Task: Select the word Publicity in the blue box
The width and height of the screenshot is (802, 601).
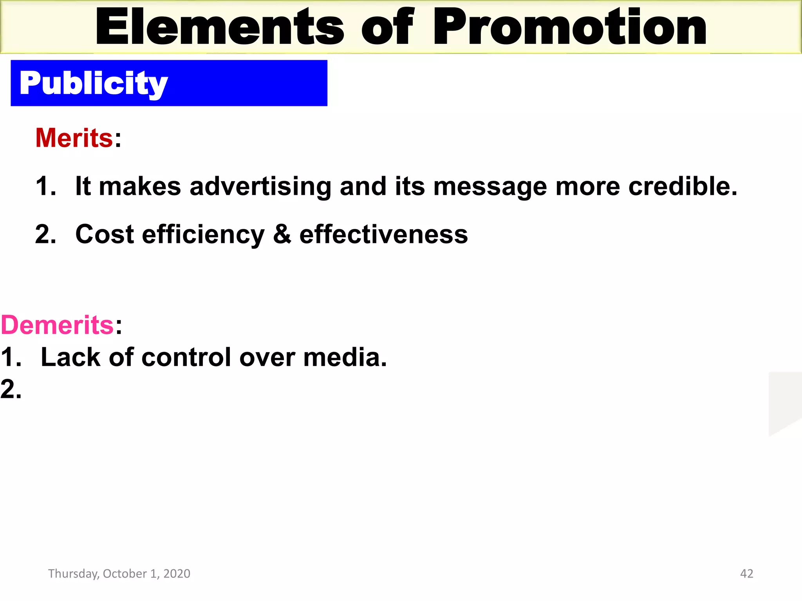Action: point(94,83)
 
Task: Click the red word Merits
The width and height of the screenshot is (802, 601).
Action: point(74,138)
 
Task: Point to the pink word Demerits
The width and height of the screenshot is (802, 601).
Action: point(57,325)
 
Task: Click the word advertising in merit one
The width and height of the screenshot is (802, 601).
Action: point(260,186)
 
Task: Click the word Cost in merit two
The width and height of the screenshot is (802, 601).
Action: point(105,234)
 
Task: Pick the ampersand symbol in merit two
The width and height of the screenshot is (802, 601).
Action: point(282,234)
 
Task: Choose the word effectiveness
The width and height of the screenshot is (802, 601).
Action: point(383,234)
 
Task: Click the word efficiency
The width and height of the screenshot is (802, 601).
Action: point(203,235)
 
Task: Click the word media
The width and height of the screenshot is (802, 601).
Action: point(345,357)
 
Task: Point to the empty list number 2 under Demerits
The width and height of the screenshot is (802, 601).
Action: point(11,390)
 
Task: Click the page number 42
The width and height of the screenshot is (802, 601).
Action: point(746,574)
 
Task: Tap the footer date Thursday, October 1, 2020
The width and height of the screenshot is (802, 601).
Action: point(119,574)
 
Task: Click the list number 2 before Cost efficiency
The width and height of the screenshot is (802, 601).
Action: point(45,235)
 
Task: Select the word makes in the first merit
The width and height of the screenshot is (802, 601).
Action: point(140,186)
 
